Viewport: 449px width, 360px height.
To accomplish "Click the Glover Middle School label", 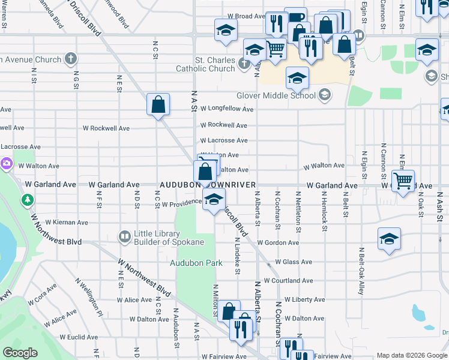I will click(276, 95).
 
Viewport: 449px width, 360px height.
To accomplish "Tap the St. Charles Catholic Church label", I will click(205, 64).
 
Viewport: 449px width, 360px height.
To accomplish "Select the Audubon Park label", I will click(196, 263).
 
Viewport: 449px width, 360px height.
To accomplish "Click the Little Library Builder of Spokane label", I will click(167, 238).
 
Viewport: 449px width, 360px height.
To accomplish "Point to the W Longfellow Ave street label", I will click(227, 109).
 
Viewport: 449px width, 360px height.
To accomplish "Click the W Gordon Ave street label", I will click(278, 243).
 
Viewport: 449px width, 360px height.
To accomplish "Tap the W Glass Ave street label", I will click(294, 262).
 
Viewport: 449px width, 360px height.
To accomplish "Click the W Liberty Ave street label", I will click(304, 299).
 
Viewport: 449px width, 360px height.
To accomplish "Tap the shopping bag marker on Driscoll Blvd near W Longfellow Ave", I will click(158, 104).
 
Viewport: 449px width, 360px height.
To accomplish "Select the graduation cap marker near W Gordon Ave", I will click(389, 239).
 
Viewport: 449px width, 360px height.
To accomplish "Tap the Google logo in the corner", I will click(20, 353).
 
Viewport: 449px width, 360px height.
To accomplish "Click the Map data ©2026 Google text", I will click(412, 355).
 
